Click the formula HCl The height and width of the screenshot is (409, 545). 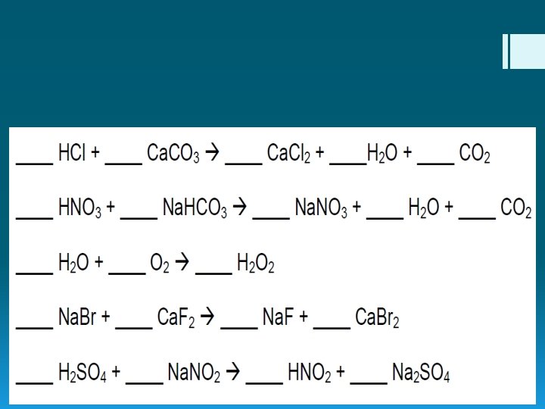(72, 155)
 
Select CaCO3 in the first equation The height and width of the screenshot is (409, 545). (173, 155)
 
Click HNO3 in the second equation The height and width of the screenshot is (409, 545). (79, 210)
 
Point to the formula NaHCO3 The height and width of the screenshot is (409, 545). (195, 210)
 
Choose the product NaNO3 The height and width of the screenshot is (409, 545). (320, 210)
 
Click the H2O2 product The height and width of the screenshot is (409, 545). (255, 264)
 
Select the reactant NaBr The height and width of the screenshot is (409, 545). (78, 319)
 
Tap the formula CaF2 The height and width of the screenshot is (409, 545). (176, 319)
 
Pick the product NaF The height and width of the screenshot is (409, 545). (278, 319)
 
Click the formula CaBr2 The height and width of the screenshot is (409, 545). (378, 319)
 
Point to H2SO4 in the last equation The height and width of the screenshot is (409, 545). (83, 373)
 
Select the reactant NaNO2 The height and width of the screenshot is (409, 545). (194, 373)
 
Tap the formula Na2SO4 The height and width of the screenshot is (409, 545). (421, 373)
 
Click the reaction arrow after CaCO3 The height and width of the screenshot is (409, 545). (213, 155)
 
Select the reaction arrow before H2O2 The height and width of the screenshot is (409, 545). (182, 264)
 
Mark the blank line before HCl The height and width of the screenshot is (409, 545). (34, 161)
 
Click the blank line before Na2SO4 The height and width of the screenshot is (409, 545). (369, 380)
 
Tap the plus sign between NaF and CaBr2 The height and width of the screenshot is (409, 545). (303, 319)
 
